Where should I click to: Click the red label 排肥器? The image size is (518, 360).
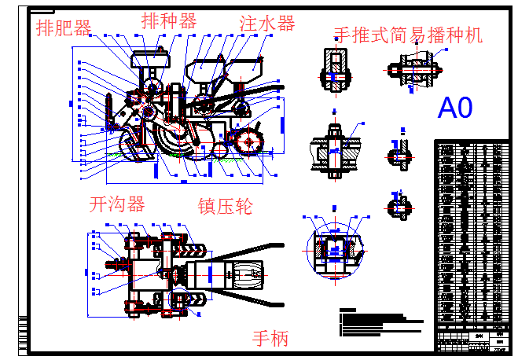pos(64,28)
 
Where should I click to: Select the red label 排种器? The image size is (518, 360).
pos(169,21)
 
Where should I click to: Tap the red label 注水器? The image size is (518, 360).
pos(267,24)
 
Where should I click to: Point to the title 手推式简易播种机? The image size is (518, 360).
pos(408,35)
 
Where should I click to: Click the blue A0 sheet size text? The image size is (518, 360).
pos(456,108)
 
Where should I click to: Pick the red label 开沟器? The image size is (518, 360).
pos(117,204)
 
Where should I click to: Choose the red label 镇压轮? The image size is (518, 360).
pos(225,207)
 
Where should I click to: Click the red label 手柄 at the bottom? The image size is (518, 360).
pos(270,339)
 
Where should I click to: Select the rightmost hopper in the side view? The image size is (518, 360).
pos(247,68)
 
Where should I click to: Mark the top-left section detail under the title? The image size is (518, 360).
pos(332,69)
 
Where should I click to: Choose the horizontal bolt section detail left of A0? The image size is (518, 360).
pos(413,70)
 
